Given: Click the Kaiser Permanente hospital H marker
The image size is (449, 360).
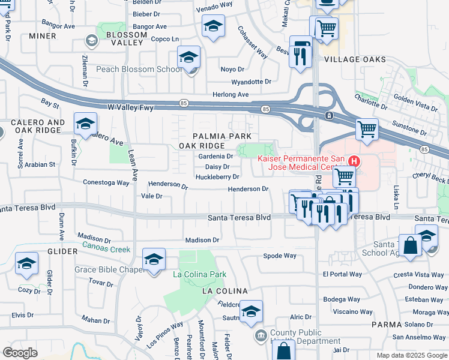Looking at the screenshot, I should tap(354, 161).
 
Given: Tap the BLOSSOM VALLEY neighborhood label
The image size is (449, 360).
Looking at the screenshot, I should tap(126, 40).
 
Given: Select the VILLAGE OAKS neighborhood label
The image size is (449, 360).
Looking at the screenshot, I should tap(355, 59).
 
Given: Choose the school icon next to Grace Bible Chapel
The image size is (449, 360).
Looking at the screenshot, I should tap(154, 260).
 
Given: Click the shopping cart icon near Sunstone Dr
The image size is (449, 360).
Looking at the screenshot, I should tap(367, 128).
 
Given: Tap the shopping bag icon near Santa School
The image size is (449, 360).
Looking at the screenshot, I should tap(411, 246).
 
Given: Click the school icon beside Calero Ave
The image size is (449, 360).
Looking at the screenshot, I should tap(85, 124).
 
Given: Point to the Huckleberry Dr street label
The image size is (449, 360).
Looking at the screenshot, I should tap(217, 177).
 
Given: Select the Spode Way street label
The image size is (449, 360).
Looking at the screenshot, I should tap(280, 256).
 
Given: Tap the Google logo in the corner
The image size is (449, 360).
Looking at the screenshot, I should tap(20, 353).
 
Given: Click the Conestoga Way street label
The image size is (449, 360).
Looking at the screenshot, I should tap(106, 182).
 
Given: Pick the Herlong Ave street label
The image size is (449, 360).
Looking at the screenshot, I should tap(231, 95).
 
